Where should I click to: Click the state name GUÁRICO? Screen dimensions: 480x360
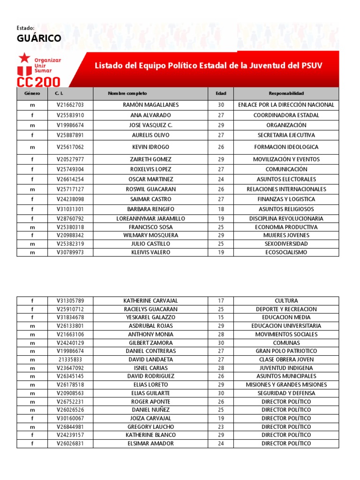pyautogui.click(x=39, y=38)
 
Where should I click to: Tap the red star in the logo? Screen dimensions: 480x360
pyautogui.click(x=23, y=59)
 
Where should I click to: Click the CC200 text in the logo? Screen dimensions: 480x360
pyautogui.click(x=38, y=82)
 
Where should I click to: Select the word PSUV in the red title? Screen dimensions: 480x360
pyautogui.click(x=311, y=65)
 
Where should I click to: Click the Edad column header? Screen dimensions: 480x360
pyautogui.click(x=221, y=94)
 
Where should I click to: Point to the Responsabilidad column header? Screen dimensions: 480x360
pyautogui.click(x=286, y=94)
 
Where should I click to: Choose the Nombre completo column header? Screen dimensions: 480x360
pyautogui.click(x=127, y=94)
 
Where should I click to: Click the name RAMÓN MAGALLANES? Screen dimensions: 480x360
pyautogui.click(x=150, y=105)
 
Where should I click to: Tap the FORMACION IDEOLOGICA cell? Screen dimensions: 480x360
pyautogui.click(x=286, y=147)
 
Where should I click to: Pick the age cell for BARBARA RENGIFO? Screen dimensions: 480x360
pyautogui.click(x=221, y=210)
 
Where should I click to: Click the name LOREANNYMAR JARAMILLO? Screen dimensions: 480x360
pyautogui.click(x=150, y=219)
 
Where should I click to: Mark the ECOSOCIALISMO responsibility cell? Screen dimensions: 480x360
pyautogui.click(x=286, y=253)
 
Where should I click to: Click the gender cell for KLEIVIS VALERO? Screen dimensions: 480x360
pyautogui.click(x=32, y=253)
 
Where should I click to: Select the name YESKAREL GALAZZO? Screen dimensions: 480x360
pyautogui.click(x=150, y=317)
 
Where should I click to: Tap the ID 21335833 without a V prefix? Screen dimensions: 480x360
pyautogui.click(x=70, y=360)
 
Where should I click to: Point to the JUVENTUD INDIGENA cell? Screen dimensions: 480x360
pyautogui.click(x=286, y=368)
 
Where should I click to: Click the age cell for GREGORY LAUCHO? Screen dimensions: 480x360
pyautogui.click(x=221, y=427)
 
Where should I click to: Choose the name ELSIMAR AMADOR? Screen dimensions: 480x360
pyautogui.click(x=150, y=443)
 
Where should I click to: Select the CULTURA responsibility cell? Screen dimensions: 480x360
pyautogui.click(x=286, y=301)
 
